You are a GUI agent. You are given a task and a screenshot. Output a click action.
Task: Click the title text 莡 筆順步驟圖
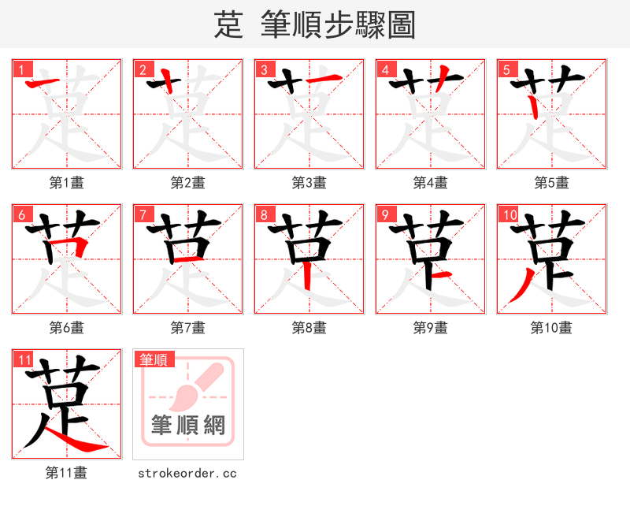(x=314, y=24)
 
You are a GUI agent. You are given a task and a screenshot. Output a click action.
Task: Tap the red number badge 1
(x=21, y=69)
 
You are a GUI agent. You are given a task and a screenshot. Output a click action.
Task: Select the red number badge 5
(x=506, y=69)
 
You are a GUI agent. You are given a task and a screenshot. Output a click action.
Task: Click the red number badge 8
(x=264, y=214)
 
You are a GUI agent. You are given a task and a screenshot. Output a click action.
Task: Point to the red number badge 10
(x=509, y=214)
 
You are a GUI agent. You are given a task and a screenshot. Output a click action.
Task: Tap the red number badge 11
(x=24, y=360)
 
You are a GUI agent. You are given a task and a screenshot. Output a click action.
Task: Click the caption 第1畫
(x=66, y=183)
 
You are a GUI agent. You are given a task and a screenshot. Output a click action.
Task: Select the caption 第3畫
(x=309, y=183)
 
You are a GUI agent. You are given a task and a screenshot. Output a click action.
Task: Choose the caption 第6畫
(x=66, y=328)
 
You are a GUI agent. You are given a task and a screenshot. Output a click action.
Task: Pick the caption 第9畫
(x=430, y=328)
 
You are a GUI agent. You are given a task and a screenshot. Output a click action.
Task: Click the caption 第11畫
(x=66, y=473)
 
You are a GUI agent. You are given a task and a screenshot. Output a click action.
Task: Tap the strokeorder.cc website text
(x=187, y=473)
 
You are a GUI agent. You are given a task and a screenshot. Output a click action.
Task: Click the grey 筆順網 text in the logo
(x=188, y=426)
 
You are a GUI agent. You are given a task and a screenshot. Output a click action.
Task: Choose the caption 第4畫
(x=430, y=183)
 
